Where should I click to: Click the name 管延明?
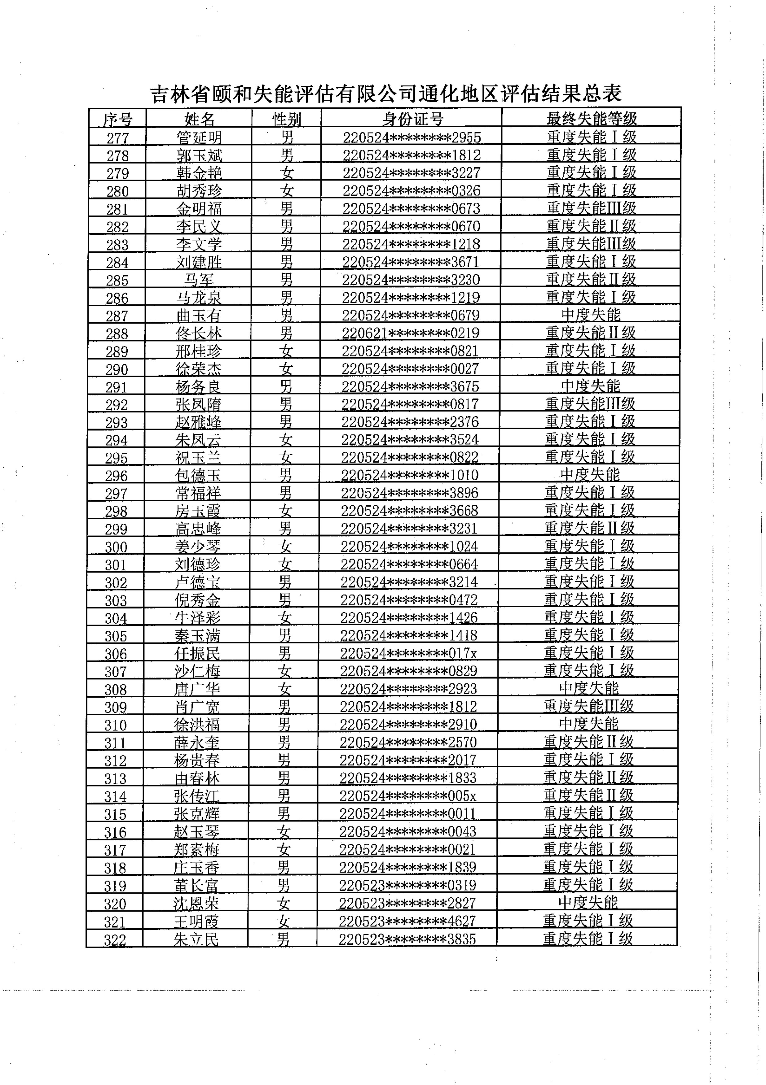tap(199, 137)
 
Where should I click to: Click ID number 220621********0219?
tap(411, 333)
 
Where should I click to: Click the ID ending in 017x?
tap(408, 653)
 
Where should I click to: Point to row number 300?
tap(116, 547)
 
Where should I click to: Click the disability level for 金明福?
tap(591, 208)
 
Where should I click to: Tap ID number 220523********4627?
tap(407, 921)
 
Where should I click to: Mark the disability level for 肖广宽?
tap(589, 706)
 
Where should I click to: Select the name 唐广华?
tap(197, 689)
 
